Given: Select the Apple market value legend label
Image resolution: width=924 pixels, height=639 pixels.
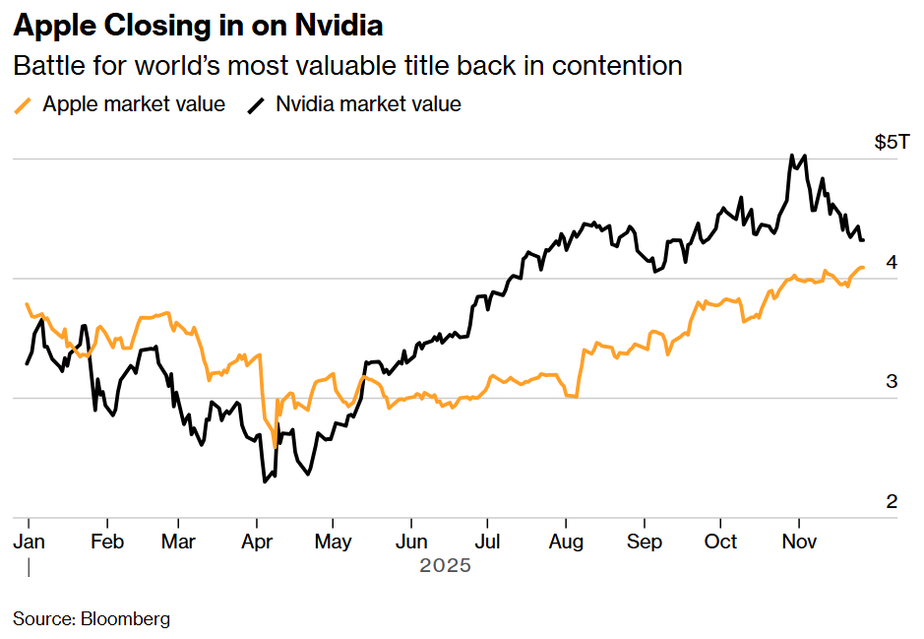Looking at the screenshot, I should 134,104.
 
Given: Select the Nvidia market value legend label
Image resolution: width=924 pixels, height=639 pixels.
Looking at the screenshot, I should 368,104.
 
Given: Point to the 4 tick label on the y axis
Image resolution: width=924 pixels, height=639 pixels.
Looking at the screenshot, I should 892,262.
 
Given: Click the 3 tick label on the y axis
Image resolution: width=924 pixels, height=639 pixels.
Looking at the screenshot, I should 892,382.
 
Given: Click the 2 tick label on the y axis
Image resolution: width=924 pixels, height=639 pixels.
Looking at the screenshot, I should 892,502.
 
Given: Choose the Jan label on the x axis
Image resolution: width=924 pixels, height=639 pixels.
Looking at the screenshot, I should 29,542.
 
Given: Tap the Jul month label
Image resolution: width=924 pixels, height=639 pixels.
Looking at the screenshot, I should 488,542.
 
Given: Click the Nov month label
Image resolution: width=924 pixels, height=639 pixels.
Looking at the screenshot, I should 798,542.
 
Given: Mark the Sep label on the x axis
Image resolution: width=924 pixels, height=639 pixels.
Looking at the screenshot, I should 645,542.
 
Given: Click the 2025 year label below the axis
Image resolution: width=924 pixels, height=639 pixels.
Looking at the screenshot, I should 445,566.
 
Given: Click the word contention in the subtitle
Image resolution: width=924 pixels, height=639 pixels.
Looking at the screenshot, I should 617,66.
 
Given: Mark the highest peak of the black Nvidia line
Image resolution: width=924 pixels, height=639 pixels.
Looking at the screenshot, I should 791,155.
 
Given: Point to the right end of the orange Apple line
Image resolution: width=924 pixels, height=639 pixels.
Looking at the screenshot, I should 863,267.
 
